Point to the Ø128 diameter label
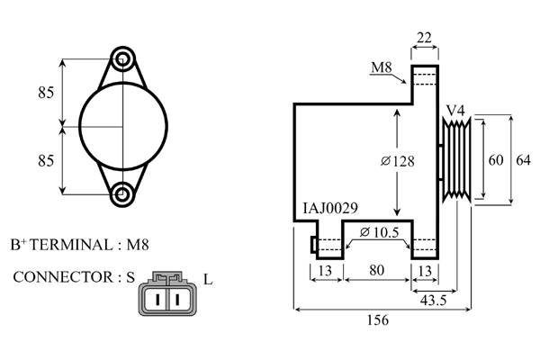[x=396, y=161]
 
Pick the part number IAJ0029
[x=330, y=208]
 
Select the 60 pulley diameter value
[x=495, y=160]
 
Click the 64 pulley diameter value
[x=523, y=160]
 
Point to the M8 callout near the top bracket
[x=382, y=67]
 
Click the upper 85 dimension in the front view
[x=46, y=92]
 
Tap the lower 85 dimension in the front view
[x=46, y=160]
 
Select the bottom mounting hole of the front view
[x=123, y=192]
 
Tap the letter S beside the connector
[x=130, y=278]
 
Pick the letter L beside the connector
[x=208, y=280]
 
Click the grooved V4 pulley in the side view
[x=456, y=160]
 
